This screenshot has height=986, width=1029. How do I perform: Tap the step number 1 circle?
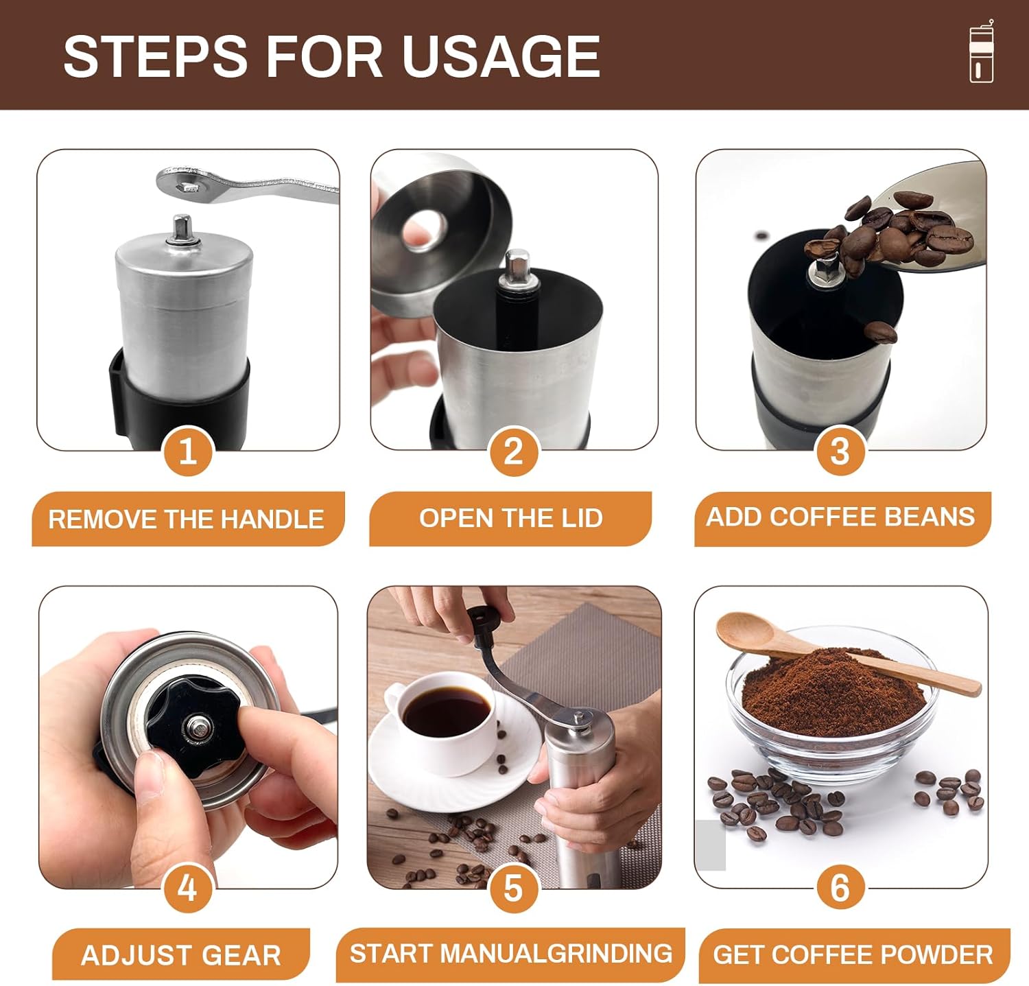pyautogui.click(x=187, y=452)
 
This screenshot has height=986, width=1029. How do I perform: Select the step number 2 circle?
pyautogui.click(x=513, y=452)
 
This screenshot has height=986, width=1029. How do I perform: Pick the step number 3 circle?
pyautogui.click(x=840, y=452)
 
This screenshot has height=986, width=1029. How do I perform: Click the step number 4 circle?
pyautogui.click(x=187, y=889)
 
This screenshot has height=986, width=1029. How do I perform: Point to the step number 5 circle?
pyautogui.click(x=513, y=889)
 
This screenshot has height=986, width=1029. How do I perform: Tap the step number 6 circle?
pyautogui.click(x=840, y=889)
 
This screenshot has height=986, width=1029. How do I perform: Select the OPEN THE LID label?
pyautogui.click(x=511, y=518)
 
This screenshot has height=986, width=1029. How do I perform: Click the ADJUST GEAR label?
pyautogui.click(x=181, y=954)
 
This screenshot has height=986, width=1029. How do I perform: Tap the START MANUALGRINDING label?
pyautogui.click(x=511, y=954)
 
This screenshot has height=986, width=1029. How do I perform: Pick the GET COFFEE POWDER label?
pyautogui.click(x=853, y=954)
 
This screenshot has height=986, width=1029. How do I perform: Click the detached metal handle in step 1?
pyautogui.click(x=247, y=184)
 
